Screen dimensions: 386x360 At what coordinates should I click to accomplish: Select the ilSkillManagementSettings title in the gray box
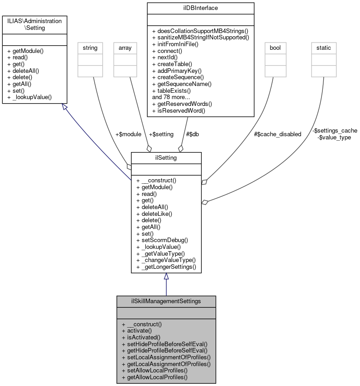tap(166, 301)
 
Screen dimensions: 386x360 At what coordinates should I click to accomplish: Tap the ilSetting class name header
tap(166, 158)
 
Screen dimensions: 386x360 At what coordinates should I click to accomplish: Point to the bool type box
tap(275, 47)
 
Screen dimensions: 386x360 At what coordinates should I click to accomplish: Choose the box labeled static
tap(323, 47)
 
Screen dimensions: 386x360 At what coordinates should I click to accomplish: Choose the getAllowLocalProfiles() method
tap(157, 377)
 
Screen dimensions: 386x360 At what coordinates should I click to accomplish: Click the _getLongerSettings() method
tap(166, 267)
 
